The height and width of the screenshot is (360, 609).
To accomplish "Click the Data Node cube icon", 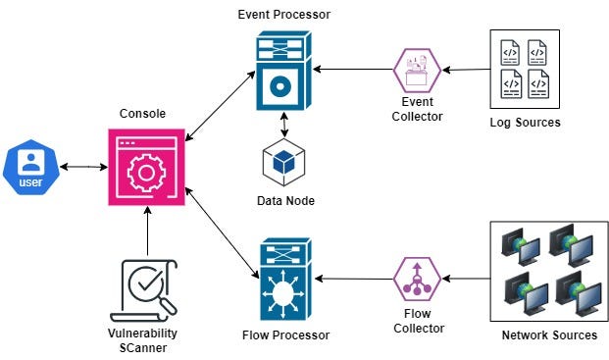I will [x=284, y=164].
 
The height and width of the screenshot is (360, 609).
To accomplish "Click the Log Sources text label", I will [x=525, y=123].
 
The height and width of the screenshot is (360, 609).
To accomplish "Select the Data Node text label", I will [x=284, y=201].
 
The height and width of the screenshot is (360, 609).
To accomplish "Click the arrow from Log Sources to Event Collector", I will [x=466, y=70].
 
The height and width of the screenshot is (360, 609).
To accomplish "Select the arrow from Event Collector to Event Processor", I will [x=353, y=71].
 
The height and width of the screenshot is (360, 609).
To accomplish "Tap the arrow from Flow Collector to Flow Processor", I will [x=353, y=280].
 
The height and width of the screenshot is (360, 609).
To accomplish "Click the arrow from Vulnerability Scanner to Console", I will [x=146, y=232].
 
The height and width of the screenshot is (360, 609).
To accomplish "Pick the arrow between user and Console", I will [x=83, y=167].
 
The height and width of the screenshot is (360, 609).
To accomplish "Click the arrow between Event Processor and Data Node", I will [x=284, y=126].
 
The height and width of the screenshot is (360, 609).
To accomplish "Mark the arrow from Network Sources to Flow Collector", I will [x=466, y=279].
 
